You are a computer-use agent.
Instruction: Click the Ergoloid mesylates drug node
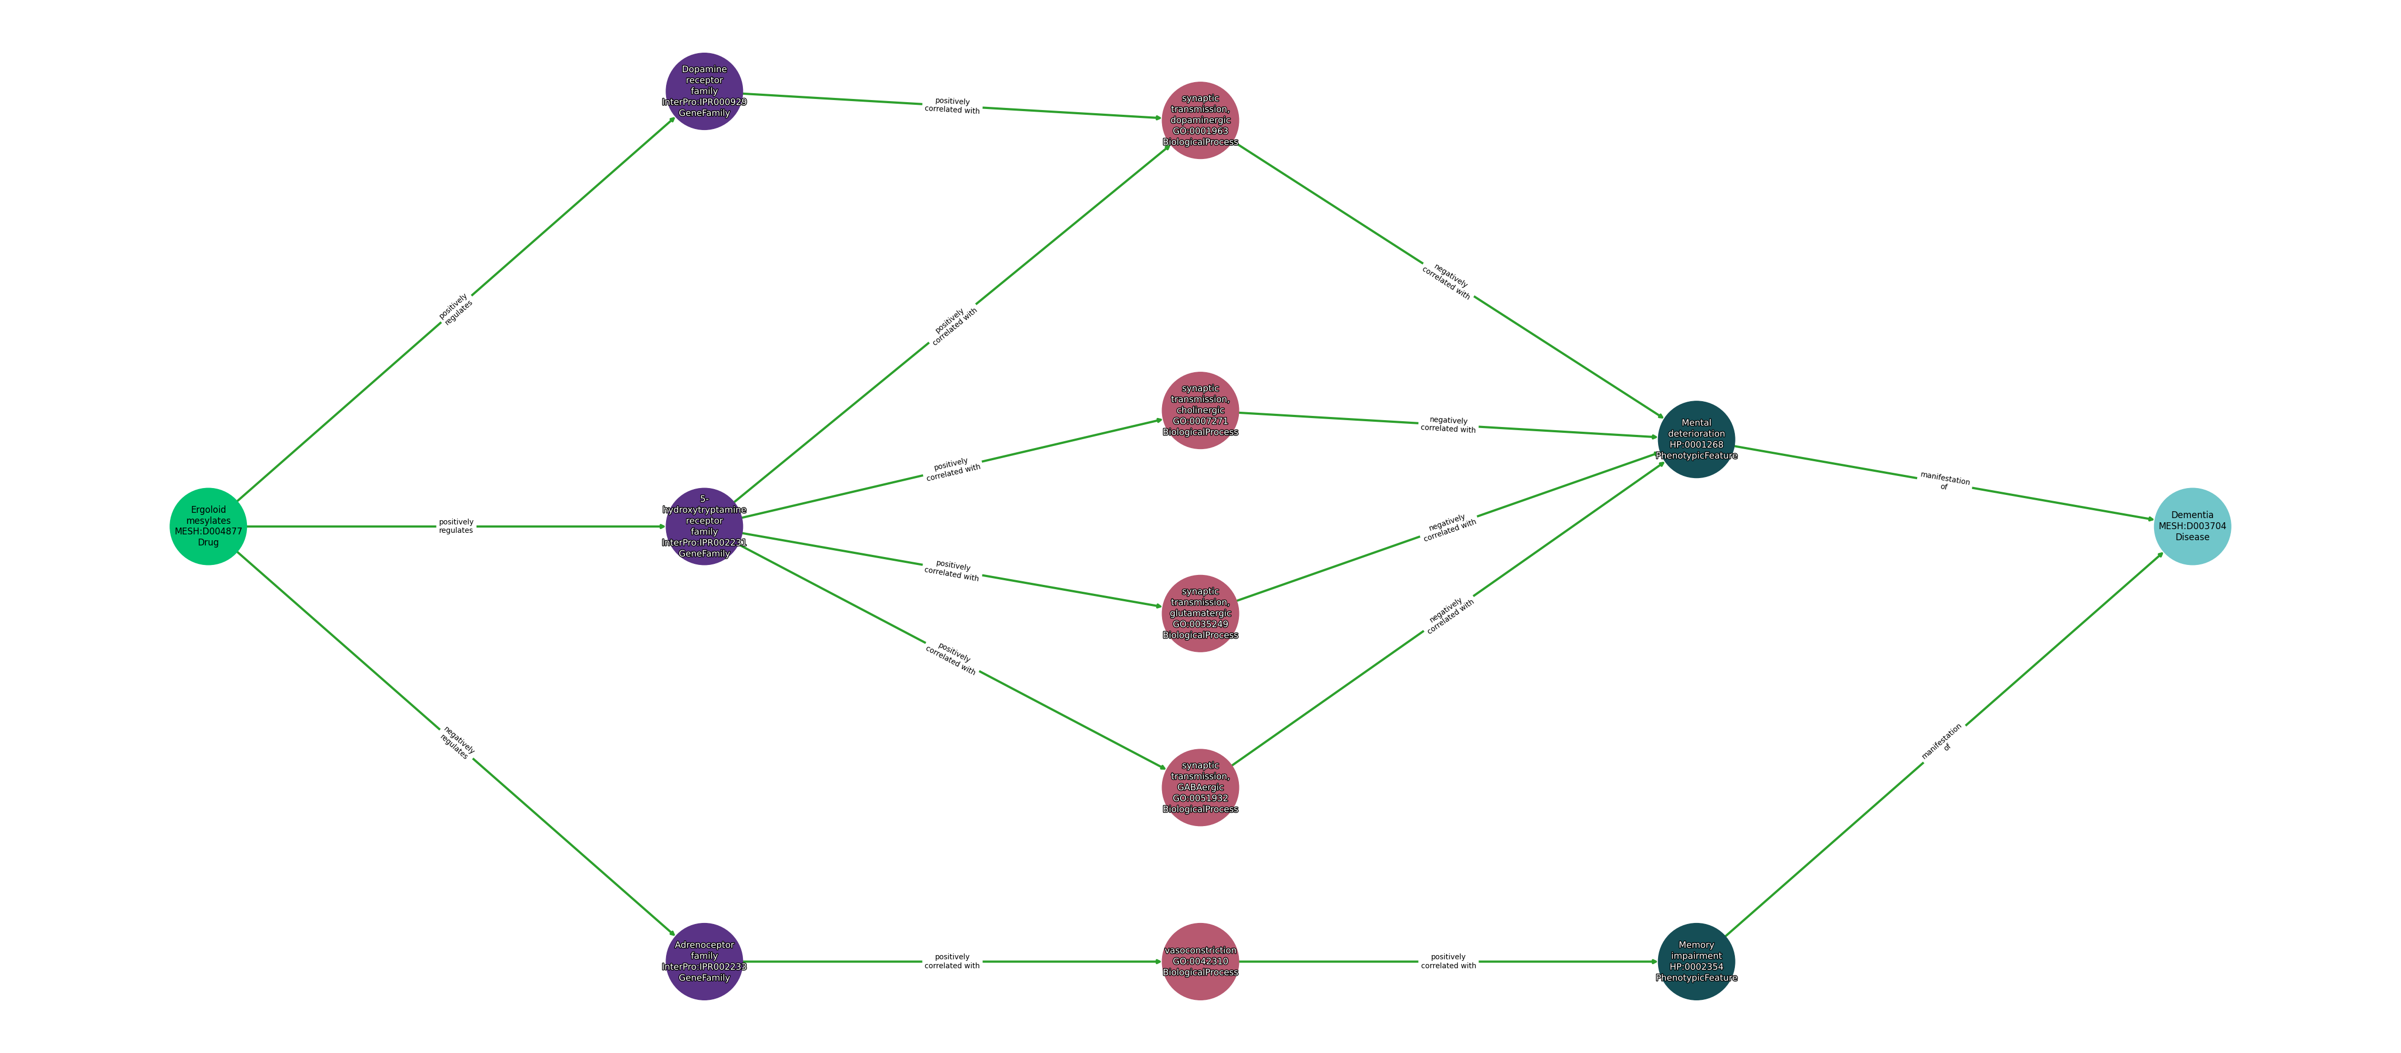pyautogui.click(x=208, y=526)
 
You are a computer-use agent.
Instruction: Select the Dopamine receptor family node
pyautogui.click(x=703, y=91)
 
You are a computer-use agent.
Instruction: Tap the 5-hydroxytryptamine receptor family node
pyautogui.click(x=703, y=526)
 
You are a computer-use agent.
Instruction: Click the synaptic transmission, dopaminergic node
pyautogui.click(x=1199, y=120)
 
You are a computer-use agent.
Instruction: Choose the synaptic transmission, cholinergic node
pyautogui.click(x=1199, y=410)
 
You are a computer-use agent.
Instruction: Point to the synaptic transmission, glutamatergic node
pyautogui.click(x=1199, y=613)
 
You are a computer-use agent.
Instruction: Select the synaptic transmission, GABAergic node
pyautogui.click(x=1199, y=788)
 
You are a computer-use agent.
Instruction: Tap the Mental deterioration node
pyautogui.click(x=1695, y=439)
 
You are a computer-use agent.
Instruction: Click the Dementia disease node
pyautogui.click(x=2191, y=526)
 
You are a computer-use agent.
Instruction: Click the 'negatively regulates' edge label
pyautogui.click(x=457, y=743)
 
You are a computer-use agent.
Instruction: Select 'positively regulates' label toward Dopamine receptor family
pyautogui.click(x=456, y=310)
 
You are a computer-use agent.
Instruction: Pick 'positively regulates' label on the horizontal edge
pyautogui.click(x=456, y=526)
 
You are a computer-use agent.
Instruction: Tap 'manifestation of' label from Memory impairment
pyautogui.click(x=1943, y=743)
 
